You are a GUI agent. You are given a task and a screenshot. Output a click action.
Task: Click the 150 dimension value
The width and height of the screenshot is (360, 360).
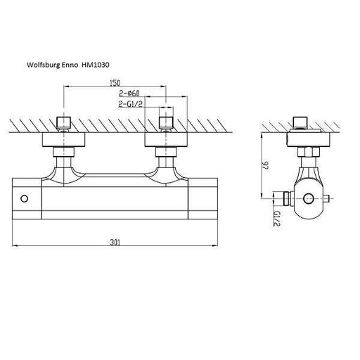(x=115, y=83)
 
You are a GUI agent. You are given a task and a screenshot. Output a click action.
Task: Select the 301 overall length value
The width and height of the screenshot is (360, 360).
(x=115, y=242)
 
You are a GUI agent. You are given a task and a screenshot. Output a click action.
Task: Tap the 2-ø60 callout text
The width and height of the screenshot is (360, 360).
(x=129, y=94)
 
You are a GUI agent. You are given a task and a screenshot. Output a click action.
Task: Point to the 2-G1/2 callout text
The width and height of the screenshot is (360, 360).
(x=131, y=104)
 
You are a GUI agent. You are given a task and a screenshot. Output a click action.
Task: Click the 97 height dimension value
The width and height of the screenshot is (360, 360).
(x=266, y=166)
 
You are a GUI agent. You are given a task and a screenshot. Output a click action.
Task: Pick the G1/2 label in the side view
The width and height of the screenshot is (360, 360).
(x=277, y=219)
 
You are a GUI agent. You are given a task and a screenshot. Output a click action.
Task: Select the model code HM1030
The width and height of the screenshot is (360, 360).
(x=96, y=65)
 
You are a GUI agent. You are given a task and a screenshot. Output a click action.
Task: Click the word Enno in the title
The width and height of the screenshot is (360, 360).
(x=70, y=65)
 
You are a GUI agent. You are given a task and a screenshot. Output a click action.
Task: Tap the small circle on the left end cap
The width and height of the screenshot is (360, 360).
(x=25, y=199)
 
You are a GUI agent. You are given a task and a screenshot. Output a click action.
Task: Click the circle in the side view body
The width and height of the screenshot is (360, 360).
(x=308, y=198)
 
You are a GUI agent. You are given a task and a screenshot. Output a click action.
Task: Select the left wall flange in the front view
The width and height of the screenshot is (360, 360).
(x=63, y=140)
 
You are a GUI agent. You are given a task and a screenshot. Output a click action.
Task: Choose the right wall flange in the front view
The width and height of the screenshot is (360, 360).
(x=166, y=140)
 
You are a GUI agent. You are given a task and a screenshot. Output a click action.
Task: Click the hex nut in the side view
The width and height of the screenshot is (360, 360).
(x=309, y=152)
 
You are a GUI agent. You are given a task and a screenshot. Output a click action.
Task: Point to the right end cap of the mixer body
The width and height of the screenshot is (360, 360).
(x=203, y=199)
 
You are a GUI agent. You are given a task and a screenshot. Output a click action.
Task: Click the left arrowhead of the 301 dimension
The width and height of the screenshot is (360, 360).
(x=15, y=245)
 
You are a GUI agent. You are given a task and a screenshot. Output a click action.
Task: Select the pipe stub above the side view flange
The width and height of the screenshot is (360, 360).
(x=300, y=122)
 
